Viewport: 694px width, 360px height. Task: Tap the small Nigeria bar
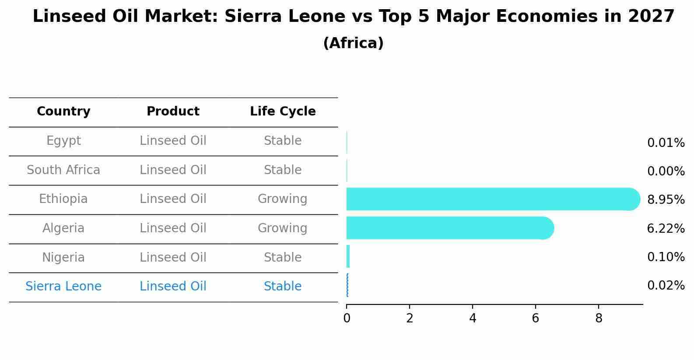(x=348, y=256)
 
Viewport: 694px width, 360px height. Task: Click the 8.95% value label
(x=666, y=200)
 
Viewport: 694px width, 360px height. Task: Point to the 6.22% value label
(x=666, y=228)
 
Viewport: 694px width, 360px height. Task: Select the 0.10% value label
(x=666, y=257)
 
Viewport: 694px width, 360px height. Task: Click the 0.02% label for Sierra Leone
(x=666, y=286)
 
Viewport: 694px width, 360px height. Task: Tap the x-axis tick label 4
(x=473, y=318)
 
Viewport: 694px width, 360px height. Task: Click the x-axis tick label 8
(x=599, y=318)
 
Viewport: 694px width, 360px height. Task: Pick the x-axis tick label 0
(x=347, y=318)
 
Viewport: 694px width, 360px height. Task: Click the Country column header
(x=63, y=112)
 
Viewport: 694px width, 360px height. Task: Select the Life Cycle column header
(x=283, y=112)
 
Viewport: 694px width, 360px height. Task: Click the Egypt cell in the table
(x=63, y=141)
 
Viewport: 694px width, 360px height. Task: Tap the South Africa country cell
(x=63, y=170)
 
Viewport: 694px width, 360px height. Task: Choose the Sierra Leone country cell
(x=63, y=287)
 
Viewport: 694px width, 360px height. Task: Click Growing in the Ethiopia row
(x=283, y=199)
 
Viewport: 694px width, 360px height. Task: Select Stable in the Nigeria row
(x=283, y=257)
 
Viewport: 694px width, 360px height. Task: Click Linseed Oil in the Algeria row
(x=173, y=228)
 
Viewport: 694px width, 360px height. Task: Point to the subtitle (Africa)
(x=353, y=43)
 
